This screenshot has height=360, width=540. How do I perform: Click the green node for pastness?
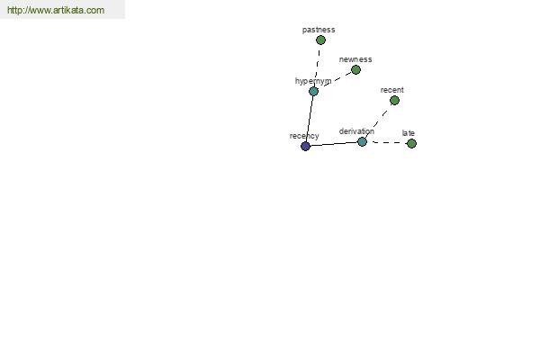tap(320, 40)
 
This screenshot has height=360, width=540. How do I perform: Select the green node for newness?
tap(355, 70)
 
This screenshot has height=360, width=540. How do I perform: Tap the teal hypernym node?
tap(313, 91)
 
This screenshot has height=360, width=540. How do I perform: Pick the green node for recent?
tap(395, 101)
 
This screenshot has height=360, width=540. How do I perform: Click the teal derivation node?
tap(362, 141)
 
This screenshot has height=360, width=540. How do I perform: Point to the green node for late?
tap(411, 144)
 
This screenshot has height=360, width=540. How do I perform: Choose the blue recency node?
tap(305, 146)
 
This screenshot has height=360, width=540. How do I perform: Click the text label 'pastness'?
tap(319, 30)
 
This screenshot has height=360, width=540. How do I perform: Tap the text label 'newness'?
tap(355, 59)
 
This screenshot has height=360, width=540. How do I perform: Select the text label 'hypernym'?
tap(313, 81)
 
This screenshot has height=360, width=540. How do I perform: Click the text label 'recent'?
tap(391, 90)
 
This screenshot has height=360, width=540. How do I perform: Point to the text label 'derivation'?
tap(356, 131)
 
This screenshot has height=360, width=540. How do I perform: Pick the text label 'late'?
tap(408, 133)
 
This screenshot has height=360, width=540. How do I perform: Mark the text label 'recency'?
tap(304, 136)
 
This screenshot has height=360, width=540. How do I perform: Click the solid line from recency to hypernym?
tap(310, 119)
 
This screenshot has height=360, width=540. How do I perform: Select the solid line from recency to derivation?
tap(334, 144)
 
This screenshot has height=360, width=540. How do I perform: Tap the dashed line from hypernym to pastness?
tap(318, 66)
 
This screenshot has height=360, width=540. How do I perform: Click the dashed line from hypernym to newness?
tap(335, 81)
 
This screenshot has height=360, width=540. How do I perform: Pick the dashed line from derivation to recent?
tap(378, 121)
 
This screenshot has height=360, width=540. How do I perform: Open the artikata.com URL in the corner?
tap(56, 10)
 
